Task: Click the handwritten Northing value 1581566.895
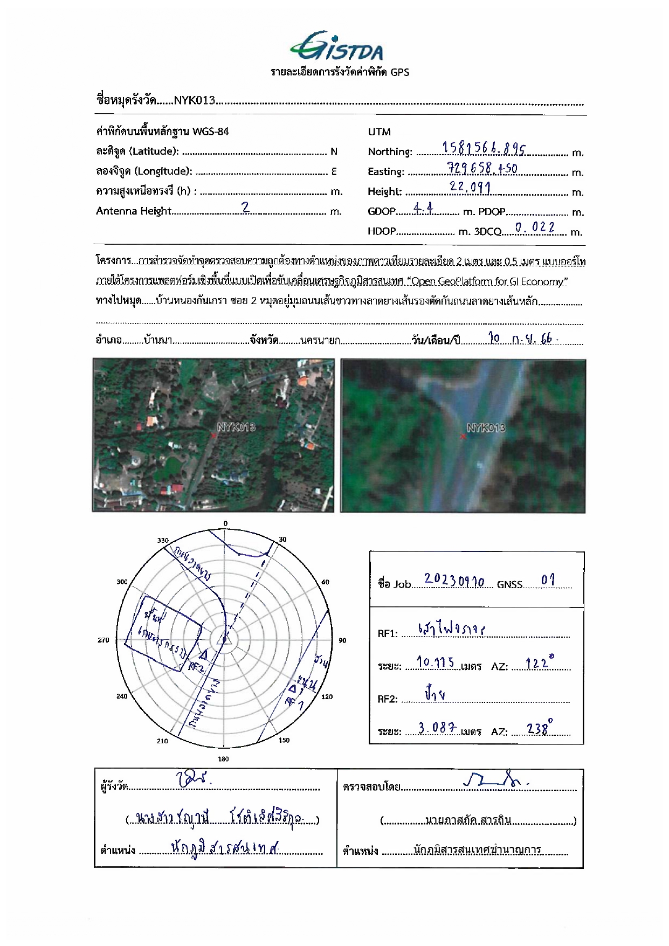pyautogui.click(x=484, y=148)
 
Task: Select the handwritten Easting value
pyautogui.click(x=482, y=168)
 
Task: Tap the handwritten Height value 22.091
pyautogui.click(x=470, y=187)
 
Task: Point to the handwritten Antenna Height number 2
pyautogui.click(x=245, y=208)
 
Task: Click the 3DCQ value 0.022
pyautogui.click(x=535, y=227)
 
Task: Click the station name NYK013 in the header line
pyautogui.click(x=195, y=100)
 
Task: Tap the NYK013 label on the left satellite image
pyautogui.click(x=236, y=427)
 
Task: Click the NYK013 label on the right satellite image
pyautogui.click(x=486, y=428)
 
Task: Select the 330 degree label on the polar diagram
pyautogui.click(x=163, y=540)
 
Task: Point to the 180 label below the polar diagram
pyautogui.click(x=223, y=759)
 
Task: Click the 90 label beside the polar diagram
pyautogui.click(x=342, y=640)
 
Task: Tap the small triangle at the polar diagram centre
pyautogui.click(x=223, y=640)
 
